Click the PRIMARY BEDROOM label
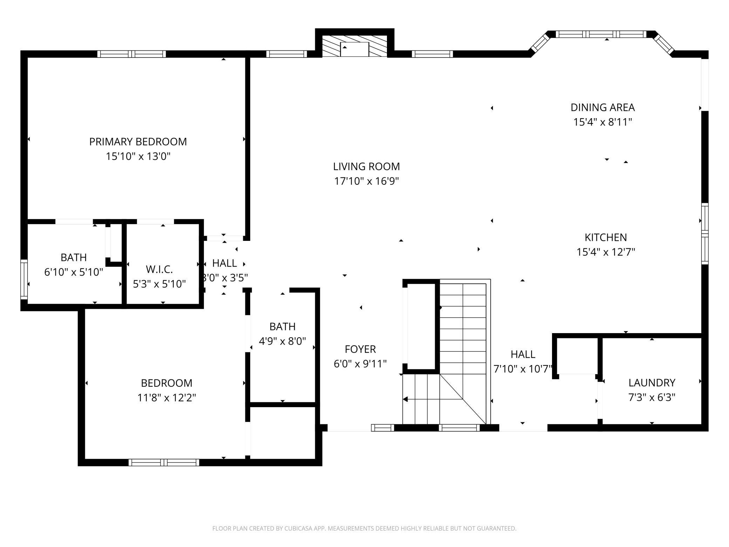coord(138,142)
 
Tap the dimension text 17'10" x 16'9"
coord(366,181)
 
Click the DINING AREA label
coord(602,107)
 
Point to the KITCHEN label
coord(605,237)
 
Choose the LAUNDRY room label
coord(652,383)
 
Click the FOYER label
coord(360,349)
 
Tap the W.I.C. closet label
coord(159,269)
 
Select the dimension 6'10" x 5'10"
coord(74,272)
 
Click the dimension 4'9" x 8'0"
coord(282,341)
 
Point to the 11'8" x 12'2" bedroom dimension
coord(166,398)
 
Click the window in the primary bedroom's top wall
coord(131,54)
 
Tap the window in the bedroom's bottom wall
coord(164,462)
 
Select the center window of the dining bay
coord(601,34)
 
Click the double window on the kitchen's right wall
coord(704,234)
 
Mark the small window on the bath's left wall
coord(24,279)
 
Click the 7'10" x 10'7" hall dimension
coord(523,369)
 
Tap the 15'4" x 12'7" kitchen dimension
coord(606,252)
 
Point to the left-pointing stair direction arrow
coord(406,399)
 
